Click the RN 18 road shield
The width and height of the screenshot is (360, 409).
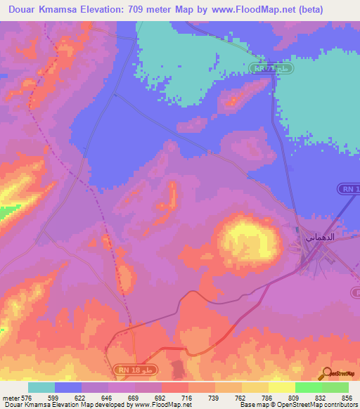tap(134, 370)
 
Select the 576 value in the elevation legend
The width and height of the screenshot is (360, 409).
tap(27, 397)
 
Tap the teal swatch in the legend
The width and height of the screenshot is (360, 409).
tap(41, 387)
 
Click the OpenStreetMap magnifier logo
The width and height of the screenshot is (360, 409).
tap(326, 372)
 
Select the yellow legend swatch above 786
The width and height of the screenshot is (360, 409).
tap(268, 387)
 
